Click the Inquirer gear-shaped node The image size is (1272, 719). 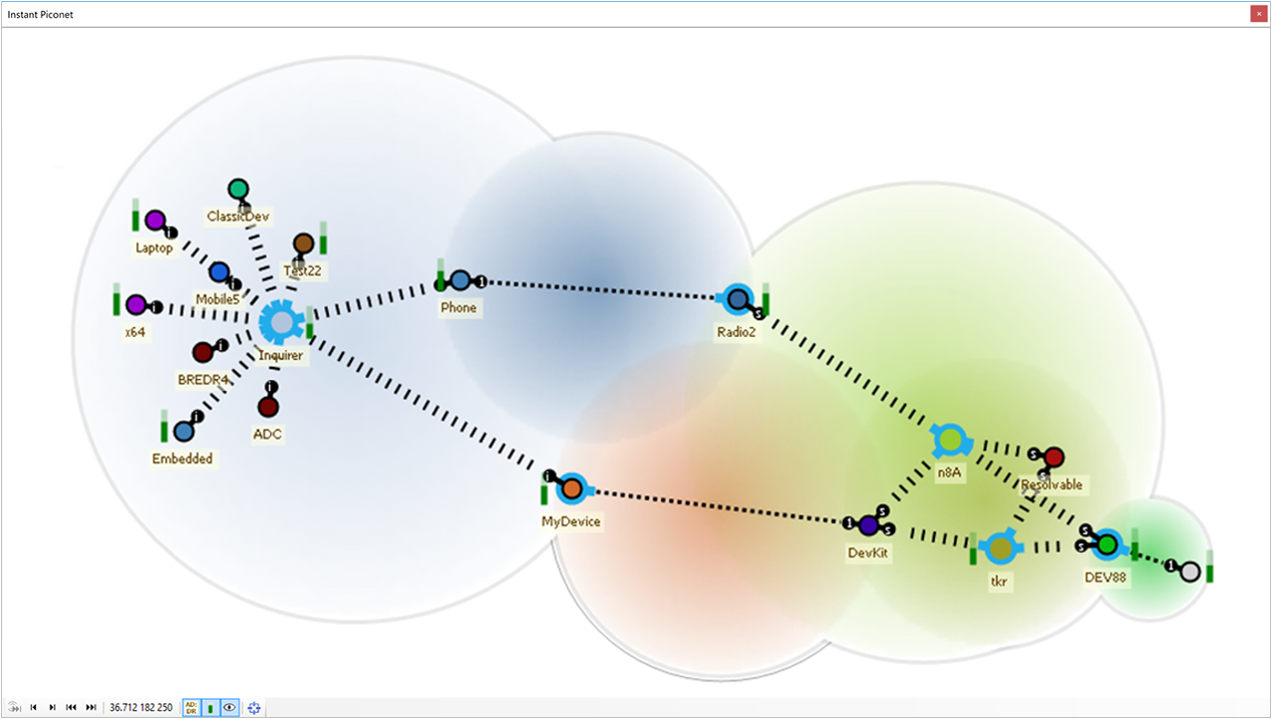(x=281, y=322)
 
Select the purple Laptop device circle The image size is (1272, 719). (x=155, y=220)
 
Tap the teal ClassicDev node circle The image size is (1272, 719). (x=238, y=189)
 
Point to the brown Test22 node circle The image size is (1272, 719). (x=303, y=244)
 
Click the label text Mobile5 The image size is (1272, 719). (x=218, y=298)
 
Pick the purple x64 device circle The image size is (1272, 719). (x=136, y=304)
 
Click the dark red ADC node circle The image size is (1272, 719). (x=267, y=407)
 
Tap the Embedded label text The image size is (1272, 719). (x=182, y=458)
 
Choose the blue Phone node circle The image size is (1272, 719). (x=459, y=280)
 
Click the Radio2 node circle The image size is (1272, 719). (x=737, y=298)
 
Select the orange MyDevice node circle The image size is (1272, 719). (x=571, y=489)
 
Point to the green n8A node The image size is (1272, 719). (x=950, y=439)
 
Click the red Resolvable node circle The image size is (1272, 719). (x=1054, y=456)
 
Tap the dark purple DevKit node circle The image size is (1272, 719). (x=869, y=524)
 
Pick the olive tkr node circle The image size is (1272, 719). (x=1001, y=548)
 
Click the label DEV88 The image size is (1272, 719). (x=1106, y=576)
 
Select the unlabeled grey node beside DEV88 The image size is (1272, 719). (x=1190, y=572)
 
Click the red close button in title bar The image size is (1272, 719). (x=1258, y=14)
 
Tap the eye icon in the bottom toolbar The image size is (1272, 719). (x=230, y=707)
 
